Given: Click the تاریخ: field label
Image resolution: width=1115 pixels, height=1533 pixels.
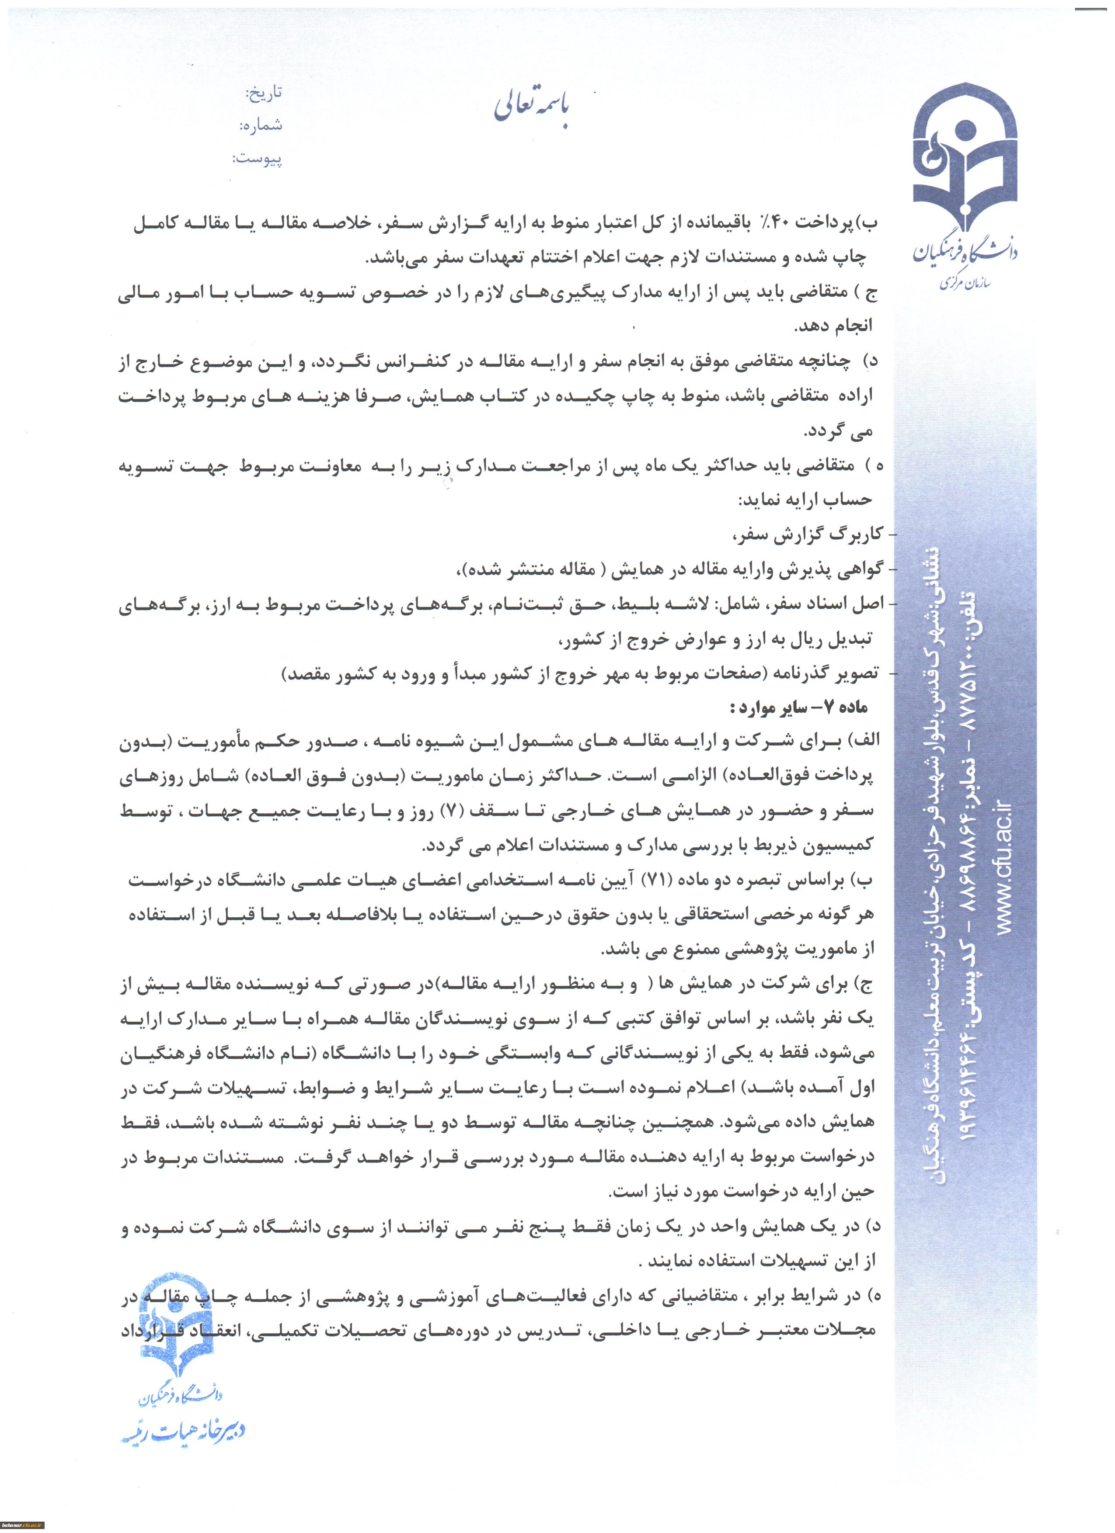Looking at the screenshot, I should [263, 93].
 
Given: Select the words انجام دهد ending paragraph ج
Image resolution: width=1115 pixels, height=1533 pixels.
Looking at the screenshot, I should [833, 326].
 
